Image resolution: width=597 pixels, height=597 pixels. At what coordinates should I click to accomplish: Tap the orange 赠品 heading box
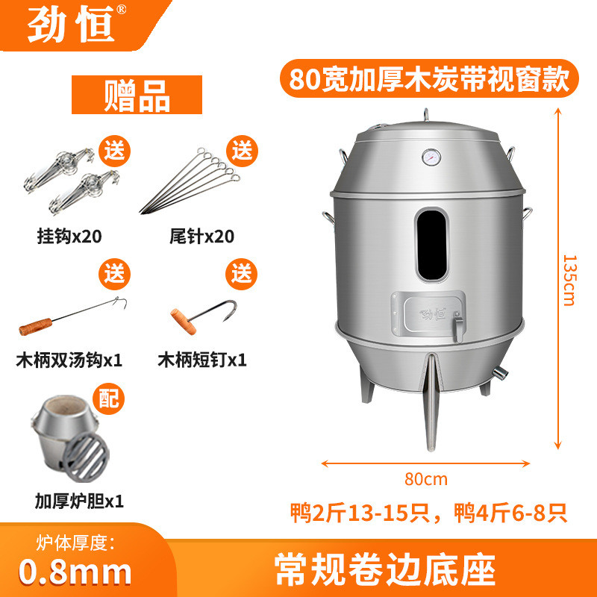coord(138,96)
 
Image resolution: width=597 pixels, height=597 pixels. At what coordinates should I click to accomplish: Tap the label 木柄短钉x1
coord(201,360)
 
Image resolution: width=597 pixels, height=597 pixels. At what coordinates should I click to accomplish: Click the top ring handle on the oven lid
coord(427,116)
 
